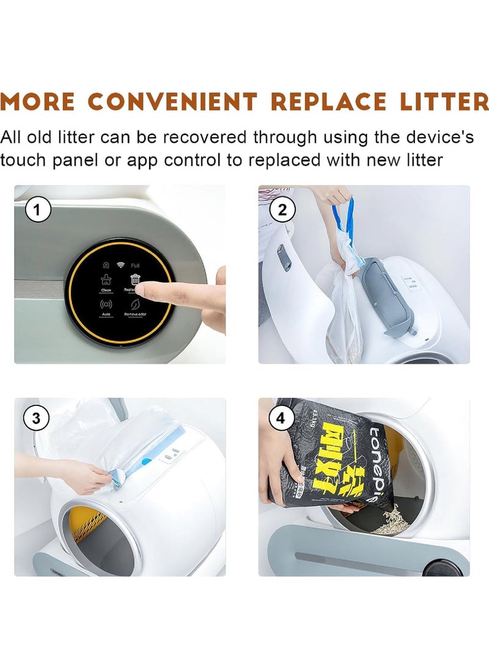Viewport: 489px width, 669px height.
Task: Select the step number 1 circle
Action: (37, 211)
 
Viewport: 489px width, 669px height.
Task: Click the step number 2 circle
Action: (282, 211)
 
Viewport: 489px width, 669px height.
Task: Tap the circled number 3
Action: (37, 419)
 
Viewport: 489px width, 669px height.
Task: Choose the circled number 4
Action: (281, 419)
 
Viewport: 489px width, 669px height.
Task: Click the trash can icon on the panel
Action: (135, 280)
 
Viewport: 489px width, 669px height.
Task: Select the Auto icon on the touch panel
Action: (106, 303)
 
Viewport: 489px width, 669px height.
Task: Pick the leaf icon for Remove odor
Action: (135, 303)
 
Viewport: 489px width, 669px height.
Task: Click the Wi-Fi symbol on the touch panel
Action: (120, 266)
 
